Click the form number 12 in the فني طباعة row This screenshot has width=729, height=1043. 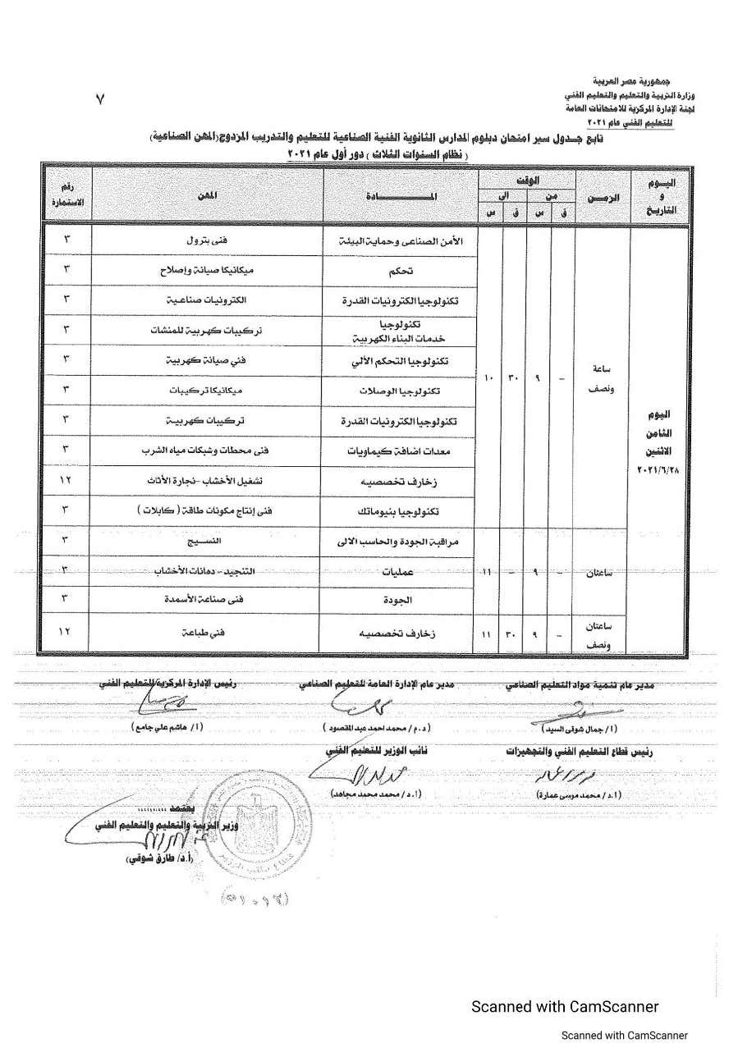coord(66,633)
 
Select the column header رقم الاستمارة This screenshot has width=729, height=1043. coord(66,195)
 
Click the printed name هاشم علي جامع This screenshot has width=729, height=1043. coord(159,727)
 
